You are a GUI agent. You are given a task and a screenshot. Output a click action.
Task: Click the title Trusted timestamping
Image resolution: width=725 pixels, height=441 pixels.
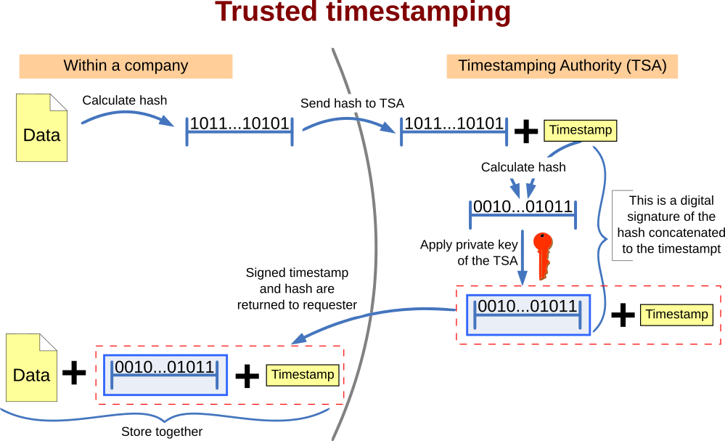click(363, 12)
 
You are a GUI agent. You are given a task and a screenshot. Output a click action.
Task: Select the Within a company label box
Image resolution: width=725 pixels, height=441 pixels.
click(126, 66)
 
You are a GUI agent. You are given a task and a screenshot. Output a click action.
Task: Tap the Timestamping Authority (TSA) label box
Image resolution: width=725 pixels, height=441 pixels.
click(562, 66)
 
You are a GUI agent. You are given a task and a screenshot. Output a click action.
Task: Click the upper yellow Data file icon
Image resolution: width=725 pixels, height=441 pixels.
click(41, 128)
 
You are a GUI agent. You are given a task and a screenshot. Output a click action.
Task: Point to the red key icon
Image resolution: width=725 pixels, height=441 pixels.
click(543, 254)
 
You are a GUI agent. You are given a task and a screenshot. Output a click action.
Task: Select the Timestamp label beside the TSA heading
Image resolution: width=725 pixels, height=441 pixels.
click(580, 131)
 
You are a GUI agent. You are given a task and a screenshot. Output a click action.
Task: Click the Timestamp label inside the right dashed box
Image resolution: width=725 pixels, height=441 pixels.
click(676, 315)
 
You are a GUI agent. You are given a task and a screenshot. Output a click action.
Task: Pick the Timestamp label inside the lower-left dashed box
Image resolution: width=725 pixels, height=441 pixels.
click(302, 375)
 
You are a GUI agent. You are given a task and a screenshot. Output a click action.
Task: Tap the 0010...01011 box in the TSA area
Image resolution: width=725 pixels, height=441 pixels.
click(528, 314)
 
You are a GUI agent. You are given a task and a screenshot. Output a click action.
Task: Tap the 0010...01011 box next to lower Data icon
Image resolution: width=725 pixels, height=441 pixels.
click(165, 375)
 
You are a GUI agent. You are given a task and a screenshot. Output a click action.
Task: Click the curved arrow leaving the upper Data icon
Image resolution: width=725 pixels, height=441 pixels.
click(127, 116)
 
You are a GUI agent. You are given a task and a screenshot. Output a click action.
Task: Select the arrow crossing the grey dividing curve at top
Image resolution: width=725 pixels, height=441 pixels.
click(348, 121)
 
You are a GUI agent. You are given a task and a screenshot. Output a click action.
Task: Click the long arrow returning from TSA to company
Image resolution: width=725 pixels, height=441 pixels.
click(370, 317)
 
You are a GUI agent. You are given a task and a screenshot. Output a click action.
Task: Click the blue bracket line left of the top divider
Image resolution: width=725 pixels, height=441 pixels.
click(239, 132)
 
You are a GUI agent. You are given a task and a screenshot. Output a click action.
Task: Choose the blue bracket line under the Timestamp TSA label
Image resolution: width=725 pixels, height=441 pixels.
click(454, 132)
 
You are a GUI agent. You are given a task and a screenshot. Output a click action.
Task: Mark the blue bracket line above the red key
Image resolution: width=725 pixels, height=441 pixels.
click(523, 215)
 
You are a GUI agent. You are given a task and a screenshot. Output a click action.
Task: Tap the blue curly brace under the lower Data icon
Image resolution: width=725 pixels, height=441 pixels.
click(167, 417)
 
